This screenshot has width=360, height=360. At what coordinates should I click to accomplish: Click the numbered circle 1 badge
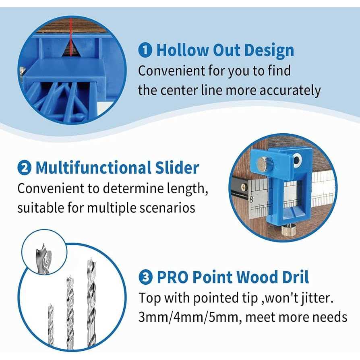(145, 50)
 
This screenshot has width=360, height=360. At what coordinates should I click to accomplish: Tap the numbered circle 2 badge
(24, 168)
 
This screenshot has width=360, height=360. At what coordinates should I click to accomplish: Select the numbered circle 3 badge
(145, 277)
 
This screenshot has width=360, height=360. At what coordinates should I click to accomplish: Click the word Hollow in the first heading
(182, 50)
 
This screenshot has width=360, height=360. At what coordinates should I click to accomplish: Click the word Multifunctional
(93, 168)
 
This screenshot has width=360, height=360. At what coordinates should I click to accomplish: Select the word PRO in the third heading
(172, 277)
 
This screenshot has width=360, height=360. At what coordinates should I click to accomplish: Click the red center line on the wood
(71, 37)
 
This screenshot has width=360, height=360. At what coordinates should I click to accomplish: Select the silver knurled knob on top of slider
(264, 164)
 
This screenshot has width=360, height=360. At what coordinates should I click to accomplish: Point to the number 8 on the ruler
(251, 199)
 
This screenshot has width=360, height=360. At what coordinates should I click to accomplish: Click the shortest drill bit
(51, 324)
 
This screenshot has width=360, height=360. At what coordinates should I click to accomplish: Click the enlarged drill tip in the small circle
(43, 258)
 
